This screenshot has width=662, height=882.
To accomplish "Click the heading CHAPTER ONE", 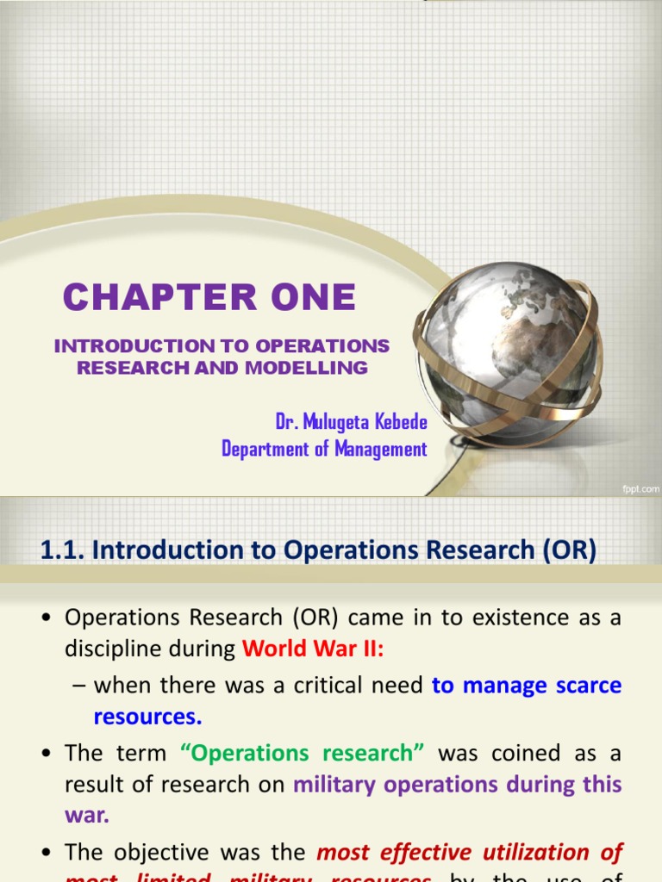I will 209,298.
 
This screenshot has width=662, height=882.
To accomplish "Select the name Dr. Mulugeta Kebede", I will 351,423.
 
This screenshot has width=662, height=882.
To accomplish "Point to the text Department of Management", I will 324,449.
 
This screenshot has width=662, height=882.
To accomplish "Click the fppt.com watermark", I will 640,488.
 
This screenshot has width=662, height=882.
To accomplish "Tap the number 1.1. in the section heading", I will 61,550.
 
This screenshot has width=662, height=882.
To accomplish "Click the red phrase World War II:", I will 312,649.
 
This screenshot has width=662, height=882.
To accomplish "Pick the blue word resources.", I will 147,717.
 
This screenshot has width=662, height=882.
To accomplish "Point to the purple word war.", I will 86,817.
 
